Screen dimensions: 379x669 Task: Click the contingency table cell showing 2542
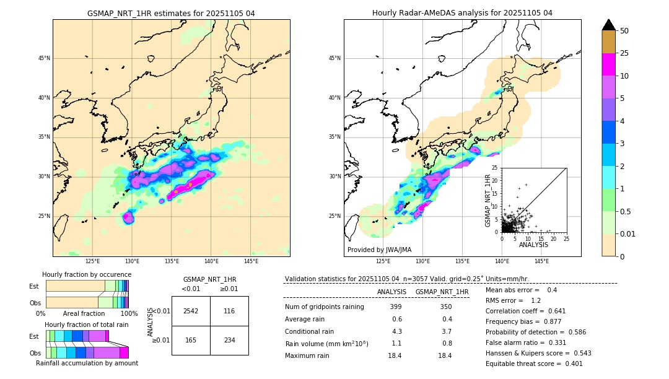tap(191, 311)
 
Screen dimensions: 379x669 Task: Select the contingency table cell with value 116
tap(229, 311)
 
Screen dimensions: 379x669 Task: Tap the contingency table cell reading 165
tap(191, 340)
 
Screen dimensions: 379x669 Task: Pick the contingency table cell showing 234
tap(229, 340)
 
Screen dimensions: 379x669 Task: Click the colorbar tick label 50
tap(624, 31)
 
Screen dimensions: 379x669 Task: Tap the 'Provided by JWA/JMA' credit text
tap(379, 250)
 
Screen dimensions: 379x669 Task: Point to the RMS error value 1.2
tap(536, 301)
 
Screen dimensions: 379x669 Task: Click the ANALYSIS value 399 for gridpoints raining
tap(396, 307)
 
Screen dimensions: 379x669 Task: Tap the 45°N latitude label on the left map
tap(44, 59)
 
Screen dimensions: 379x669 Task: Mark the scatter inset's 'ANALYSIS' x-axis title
tap(533, 245)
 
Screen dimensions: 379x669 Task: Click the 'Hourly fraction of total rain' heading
tap(86, 325)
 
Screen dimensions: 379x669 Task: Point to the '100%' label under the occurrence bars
tap(129, 314)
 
